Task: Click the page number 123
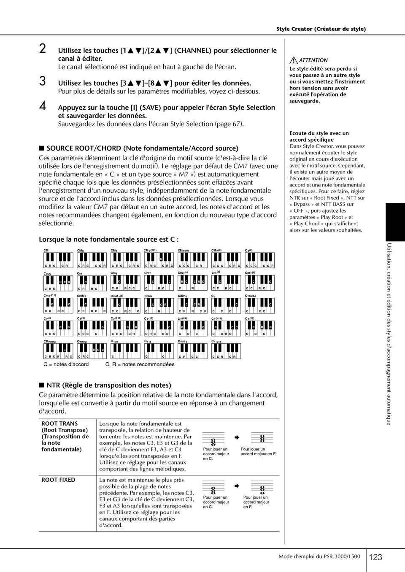pyautogui.click(x=375, y=557)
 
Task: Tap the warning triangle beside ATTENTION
pyautogui.click(x=293, y=60)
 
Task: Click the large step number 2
pyautogui.click(x=43, y=49)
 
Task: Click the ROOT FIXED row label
pyautogui.click(x=58, y=480)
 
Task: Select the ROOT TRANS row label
pyautogui.click(x=65, y=436)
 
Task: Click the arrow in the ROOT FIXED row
pyautogui.click(x=237, y=486)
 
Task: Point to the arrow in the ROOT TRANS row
pyautogui.click(x=237, y=437)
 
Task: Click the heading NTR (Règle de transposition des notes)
pyautogui.click(x=108, y=385)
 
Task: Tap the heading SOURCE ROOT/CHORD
pyautogui.click(x=142, y=148)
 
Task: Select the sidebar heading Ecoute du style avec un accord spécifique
pyautogui.click(x=319, y=136)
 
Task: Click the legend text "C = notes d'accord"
pyautogui.click(x=66, y=364)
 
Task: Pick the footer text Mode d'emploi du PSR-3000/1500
pyautogui.click(x=319, y=556)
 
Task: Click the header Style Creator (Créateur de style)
pyautogui.click(x=321, y=29)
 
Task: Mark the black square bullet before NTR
pyautogui.click(x=41, y=385)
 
